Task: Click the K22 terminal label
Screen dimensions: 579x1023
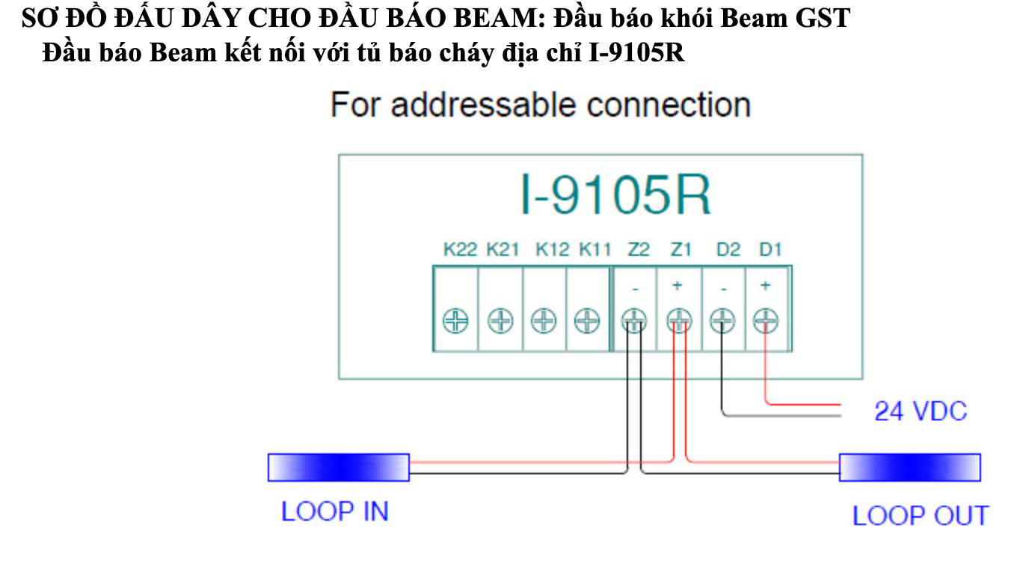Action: [x=460, y=250]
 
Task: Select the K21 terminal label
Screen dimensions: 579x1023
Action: [x=503, y=250]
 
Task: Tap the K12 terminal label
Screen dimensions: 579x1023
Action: [x=552, y=250]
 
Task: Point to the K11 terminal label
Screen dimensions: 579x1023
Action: [x=595, y=250]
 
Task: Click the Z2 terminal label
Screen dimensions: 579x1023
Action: [x=639, y=250]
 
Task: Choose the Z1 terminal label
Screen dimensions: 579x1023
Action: [x=681, y=250]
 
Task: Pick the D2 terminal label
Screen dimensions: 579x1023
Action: [x=728, y=250]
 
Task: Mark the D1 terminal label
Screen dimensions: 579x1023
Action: [x=769, y=250]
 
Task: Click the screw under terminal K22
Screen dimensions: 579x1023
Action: [x=455, y=322]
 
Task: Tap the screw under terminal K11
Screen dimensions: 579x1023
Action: [x=588, y=322]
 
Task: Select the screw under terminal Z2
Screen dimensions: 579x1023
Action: [x=634, y=322]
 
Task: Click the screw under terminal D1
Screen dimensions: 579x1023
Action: [x=766, y=322]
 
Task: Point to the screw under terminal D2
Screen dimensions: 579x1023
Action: [x=722, y=322]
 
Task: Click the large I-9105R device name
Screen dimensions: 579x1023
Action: [x=615, y=195]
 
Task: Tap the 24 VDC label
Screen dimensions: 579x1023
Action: [x=920, y=411]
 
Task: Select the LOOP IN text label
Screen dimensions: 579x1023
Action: [x=334, y=512]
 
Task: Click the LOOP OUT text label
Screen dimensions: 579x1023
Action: [x=920, y=515]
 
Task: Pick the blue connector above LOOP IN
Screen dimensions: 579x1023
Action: [x=339, y=467]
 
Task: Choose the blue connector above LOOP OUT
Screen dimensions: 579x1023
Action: [x=909, y=467]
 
